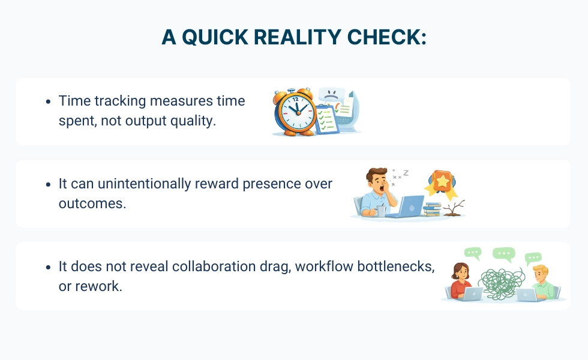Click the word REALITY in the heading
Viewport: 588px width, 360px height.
coord(297,37)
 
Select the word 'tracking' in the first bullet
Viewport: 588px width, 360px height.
coord(120,101)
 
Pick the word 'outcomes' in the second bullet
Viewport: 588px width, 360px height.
coord(91,203)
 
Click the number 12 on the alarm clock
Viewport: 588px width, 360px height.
coord(295,100)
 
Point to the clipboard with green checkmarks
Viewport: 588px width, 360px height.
coord(326,119)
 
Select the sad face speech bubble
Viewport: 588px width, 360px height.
coord(331,95)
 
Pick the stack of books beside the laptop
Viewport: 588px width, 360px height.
coord(433,209)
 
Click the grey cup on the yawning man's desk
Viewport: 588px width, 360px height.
coord(381,211)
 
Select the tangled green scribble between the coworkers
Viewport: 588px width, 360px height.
coord(501,283)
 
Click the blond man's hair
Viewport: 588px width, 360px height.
coord(541,270)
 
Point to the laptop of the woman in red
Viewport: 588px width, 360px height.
coord(472,294)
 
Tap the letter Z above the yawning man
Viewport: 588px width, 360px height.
coord(406,173)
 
